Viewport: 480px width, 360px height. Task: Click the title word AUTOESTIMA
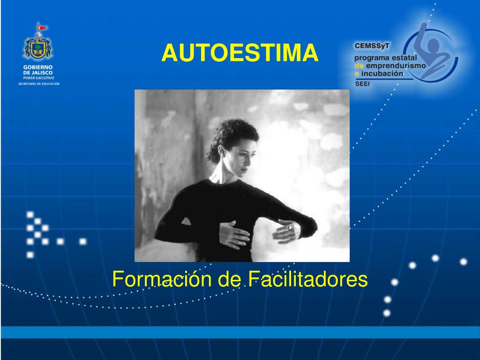tap(240, 53)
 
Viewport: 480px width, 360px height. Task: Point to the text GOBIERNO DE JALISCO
tap(38, 70)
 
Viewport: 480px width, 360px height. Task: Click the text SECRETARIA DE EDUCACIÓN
tap(38, 84)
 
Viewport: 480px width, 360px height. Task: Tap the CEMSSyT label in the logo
tap(372, 46)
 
